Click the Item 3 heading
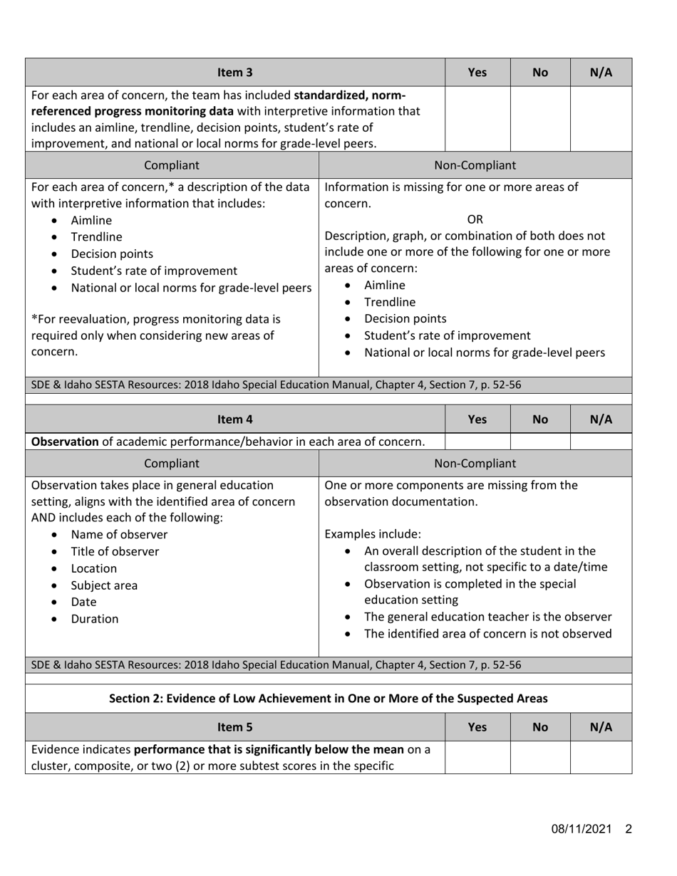click(235, 72)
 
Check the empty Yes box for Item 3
click(477, 118)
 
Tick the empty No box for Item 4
click(540, 442)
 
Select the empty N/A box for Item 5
click(601, 758)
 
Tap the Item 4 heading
click(235, 420)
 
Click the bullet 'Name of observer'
click(119, 535)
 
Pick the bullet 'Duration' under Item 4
click(95, 619)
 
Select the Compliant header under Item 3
click(172, 165)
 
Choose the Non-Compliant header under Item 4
click(475, 463)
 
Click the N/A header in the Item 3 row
click(601, 72)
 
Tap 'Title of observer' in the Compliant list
click(115, 551)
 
